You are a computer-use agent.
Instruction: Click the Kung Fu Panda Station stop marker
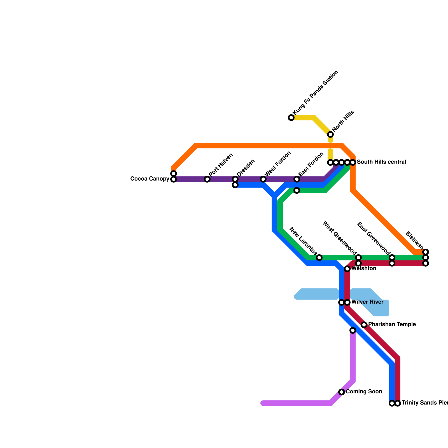click(x=291, y=118)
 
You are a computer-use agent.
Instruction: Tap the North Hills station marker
click(x=330, y=134)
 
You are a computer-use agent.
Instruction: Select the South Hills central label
click(x=381, y=162)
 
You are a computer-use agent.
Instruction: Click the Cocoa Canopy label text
click(x=150, y=179)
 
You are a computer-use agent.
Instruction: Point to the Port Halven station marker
click(x=207, y=179)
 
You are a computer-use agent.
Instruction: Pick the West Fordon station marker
click(x=263, y=179)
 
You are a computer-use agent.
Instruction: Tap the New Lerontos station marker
click(x=319, y=258)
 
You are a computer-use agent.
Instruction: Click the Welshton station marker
click(x=347, y=269)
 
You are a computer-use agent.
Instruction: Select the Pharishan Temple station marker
click(x=364, y=325)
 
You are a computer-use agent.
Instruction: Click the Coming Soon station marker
click(x=342, y=392)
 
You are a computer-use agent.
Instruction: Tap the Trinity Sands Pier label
click(x=424, y=403)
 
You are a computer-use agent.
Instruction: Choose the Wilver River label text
click(x=367, y=302)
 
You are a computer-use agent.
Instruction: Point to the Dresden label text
click(x=246, y=168)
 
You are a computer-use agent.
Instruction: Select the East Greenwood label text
click(x=374, y=239)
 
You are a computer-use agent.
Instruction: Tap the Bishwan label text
click(x=414, y=240)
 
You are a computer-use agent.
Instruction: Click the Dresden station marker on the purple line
click(x=235, y=179)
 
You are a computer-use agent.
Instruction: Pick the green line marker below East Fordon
click(x=297, y=190)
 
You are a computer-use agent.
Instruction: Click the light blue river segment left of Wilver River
click(x=316, y=294)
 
